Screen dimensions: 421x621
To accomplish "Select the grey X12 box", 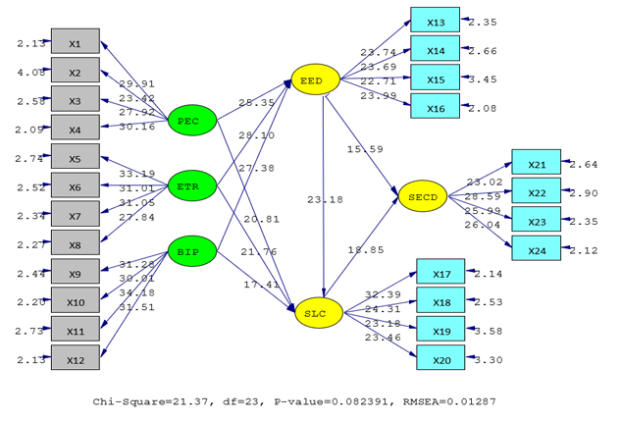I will click(75, 360).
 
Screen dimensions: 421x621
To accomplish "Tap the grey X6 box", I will click(75, 187).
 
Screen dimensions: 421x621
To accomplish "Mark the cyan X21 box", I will click(536, 163).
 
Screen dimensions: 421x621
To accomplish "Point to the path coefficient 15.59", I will click(365, 149).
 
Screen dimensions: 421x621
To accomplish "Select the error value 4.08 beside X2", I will click(28, 72).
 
